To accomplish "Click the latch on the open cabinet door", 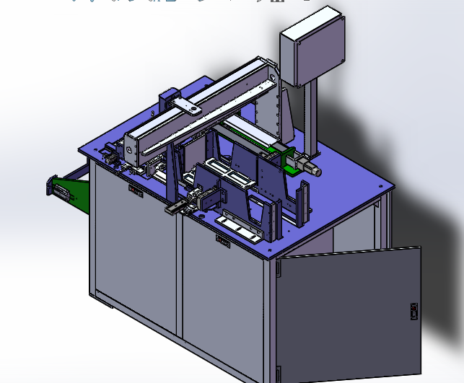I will click(413, 311).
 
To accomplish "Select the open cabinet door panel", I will click(346, 314).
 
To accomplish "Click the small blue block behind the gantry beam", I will click(167, 99).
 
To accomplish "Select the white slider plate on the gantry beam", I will click(188, 107).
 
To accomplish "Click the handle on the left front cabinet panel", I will click(135, 189).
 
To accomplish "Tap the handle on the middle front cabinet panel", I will click(222, 242).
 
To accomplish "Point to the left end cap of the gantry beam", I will click(131, 148).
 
